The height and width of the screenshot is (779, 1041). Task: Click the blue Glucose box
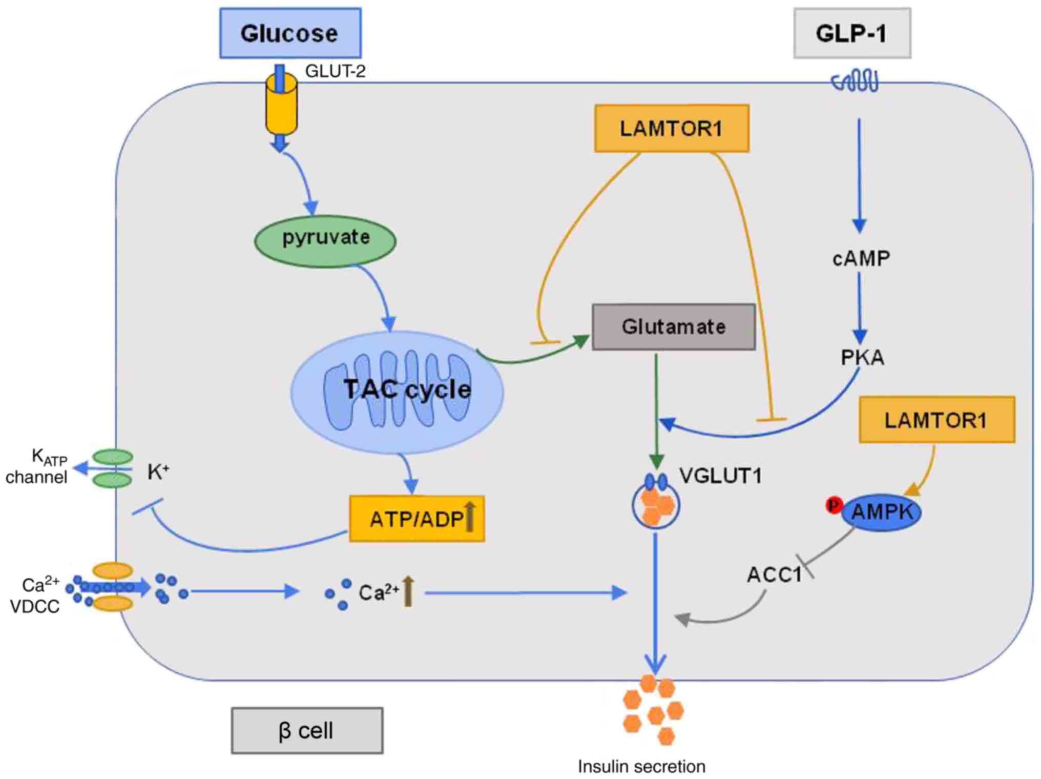[x=290, y=33]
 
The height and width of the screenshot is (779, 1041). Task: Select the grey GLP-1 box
[x=852, y=33]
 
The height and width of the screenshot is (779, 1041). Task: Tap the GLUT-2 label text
[x=335, y=71]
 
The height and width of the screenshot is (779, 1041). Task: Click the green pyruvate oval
[x=325, y=240]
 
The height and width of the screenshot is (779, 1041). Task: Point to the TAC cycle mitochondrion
[x=397, y=392]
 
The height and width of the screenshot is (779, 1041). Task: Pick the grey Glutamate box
[x=673, y=327]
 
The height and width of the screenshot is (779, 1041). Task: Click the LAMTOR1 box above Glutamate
[x=672, y=129]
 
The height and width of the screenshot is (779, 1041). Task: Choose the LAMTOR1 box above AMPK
[x=936, y=420]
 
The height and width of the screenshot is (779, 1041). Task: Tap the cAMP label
[x=861, y=259]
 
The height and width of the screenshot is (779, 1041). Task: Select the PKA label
[x=863, y=358]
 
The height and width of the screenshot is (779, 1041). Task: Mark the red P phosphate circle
[x=834, y=505]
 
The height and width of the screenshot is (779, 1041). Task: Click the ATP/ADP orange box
[x=417, y=519]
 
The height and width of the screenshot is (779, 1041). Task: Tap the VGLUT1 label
[x=720, y=476]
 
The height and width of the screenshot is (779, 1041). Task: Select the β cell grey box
[x=307, y=730]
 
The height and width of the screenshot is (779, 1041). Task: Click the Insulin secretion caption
[x=641, y=767]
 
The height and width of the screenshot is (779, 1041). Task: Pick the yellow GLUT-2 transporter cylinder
[x=281, y=105]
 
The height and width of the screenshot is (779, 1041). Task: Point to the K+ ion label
[x=158, y=471]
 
